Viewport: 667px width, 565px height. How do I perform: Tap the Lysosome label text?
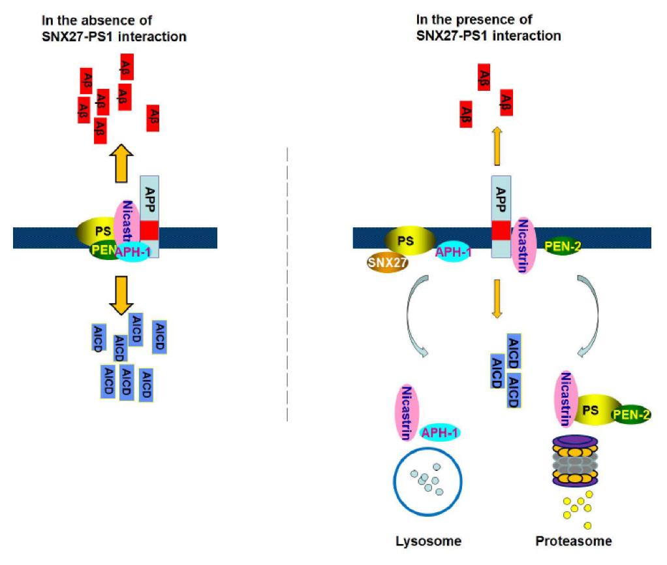click(429, 541)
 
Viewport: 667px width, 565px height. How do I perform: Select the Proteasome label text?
click(574, 541)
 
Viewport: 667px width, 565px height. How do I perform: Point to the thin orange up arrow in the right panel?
click(497, 146)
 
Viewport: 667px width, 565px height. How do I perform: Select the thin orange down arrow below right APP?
click(497, 299)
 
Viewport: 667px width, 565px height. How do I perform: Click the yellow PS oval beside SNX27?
click(407, 241)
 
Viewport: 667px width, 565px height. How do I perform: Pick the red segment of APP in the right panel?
click(501, 230)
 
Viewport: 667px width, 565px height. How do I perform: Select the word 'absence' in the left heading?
click(114, 21)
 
